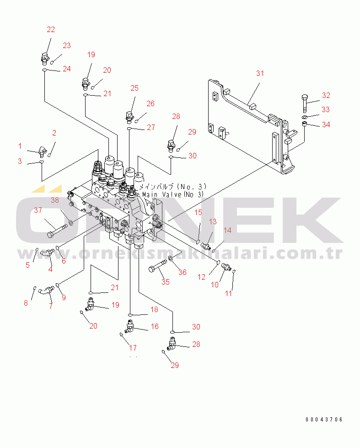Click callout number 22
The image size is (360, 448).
[x=51, y=29]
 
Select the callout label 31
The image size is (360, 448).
[x=260, y=73]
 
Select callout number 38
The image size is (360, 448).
[x=55, y=200]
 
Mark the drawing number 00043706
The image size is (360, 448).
[x=324, y=420]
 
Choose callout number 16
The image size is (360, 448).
[x=155, y=326]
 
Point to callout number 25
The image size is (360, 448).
[x=134, y=88]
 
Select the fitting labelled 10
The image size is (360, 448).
[x=225, y=269]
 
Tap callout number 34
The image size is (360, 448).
[x=326, y=124]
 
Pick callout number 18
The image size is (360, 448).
[x=155, y=310]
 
